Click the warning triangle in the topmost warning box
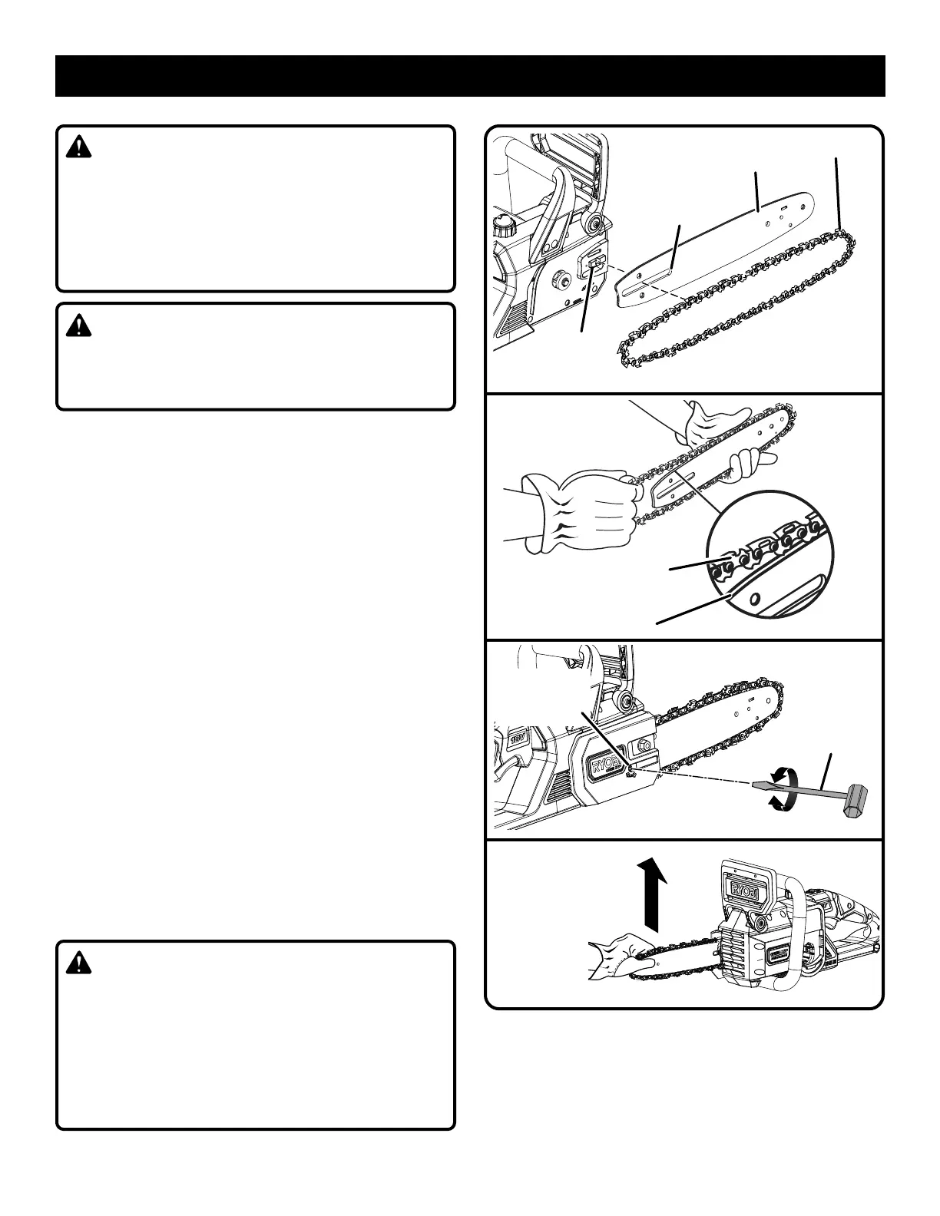point(78,147)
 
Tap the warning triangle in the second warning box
point(78,326)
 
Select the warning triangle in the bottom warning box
point(78,963)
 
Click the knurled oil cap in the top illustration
point(504,226)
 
